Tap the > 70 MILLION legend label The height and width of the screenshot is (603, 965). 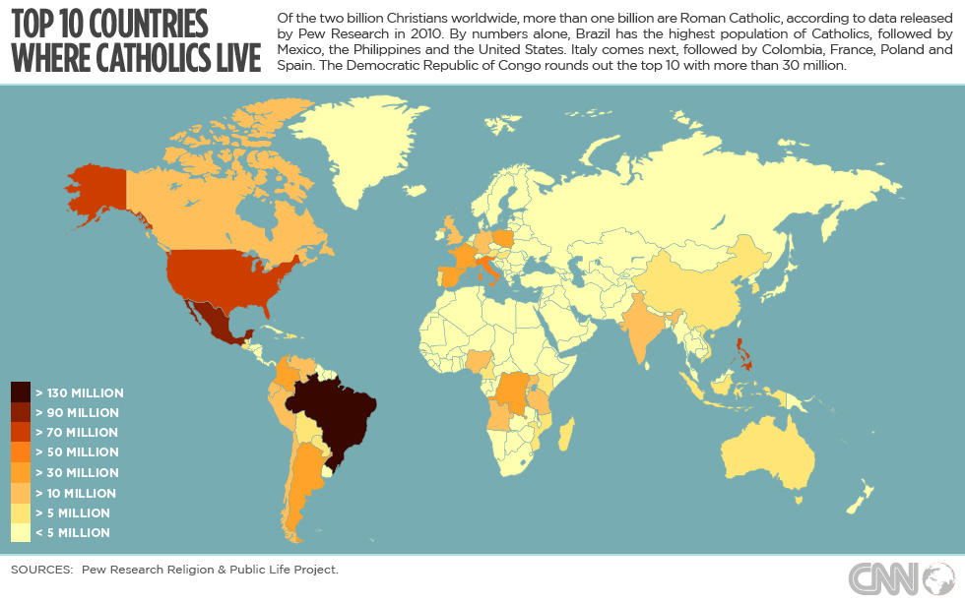(77, 433)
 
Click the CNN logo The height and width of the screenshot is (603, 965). (897, 576)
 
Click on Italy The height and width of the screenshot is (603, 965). (489, 270)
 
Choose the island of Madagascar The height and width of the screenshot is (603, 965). (567, 433)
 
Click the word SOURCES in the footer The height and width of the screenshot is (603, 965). (41, 570)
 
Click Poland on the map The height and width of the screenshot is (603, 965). (504, 239)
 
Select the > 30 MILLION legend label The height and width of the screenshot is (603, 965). (77, 473)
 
